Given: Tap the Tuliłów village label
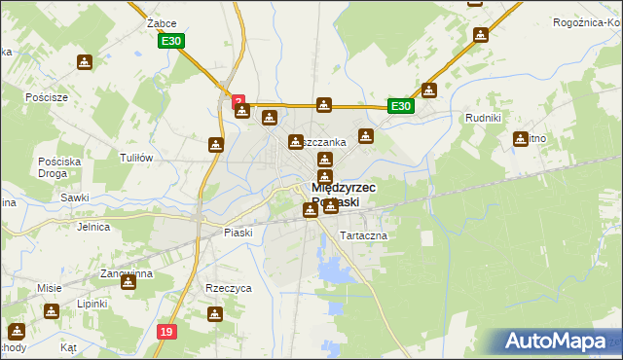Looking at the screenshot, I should pos(136,158).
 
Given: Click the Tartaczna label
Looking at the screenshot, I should pos(363,236).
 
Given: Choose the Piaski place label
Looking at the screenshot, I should pos(238,233).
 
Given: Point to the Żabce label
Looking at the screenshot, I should pos(133,20).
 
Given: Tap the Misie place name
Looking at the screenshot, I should pos(50,288).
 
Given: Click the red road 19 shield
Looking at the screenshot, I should pos(167,333).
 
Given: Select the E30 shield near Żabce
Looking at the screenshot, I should pos(171,40).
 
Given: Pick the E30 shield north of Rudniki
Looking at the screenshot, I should pos(400,107).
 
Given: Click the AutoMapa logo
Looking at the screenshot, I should pos(558,342).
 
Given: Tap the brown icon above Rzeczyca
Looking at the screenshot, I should pos(215,314).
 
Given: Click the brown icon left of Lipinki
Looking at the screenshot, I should pos(51,311).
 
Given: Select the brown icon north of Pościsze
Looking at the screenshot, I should pos(85,63).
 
